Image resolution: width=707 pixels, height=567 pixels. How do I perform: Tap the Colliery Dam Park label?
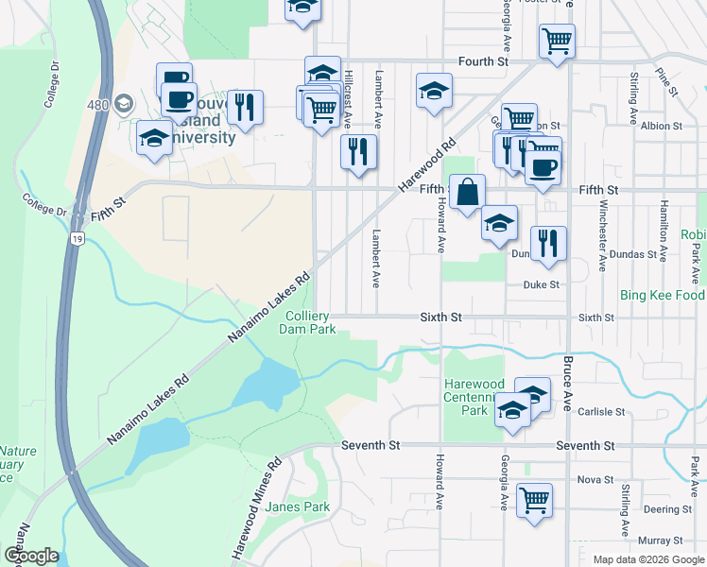(x=308, y=324)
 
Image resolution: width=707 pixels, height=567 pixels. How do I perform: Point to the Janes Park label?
(x=297, y=507)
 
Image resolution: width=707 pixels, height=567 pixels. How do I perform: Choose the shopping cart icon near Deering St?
(x=535, y=499)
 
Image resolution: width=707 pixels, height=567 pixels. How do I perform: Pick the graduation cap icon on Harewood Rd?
(x=434, y=90)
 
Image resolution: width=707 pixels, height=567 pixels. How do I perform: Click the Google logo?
(x=31, y=556)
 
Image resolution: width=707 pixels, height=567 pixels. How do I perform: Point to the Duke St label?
(x=543, y=284)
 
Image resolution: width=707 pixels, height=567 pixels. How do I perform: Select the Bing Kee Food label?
(x=662, y=296)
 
